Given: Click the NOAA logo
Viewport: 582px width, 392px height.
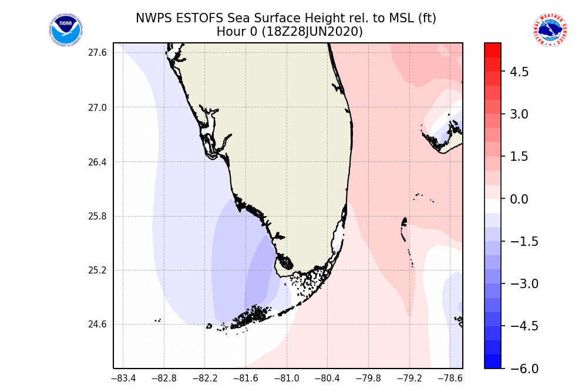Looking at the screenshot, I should [x=66, y=30].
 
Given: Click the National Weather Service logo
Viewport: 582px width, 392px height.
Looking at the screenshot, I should [x=550, y=30].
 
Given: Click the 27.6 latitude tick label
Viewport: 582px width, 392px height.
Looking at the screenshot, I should [x=97, y=53].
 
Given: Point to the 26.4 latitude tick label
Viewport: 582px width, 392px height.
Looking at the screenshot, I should [x=97, y=162].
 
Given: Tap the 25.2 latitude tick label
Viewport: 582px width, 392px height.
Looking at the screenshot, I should [x=97, y=271].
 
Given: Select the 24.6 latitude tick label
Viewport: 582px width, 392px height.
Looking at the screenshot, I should [x=97, y=325].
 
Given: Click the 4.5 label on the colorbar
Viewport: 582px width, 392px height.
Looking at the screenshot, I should [x=519, y=72].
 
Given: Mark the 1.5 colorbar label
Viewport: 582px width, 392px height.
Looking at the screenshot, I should [x=519, y=157].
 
